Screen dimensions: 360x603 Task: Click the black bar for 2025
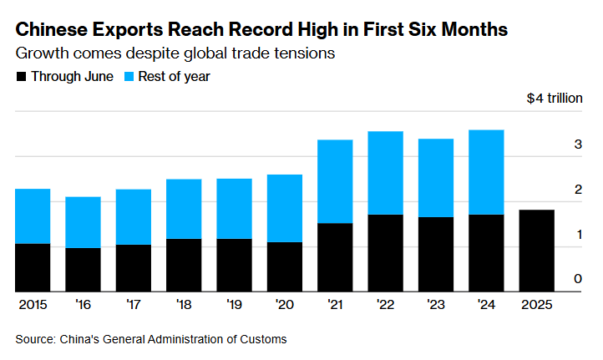tap(536, 251)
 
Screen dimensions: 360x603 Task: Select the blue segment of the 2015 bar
tap(33, 216)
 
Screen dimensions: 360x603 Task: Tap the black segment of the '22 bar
tap(385, 253)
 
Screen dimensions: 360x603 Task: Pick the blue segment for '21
tap(335, 181)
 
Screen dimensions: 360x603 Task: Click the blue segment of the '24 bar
tap(486, 172)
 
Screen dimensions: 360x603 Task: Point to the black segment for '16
tap(84, 270)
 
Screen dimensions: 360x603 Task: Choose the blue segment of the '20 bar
tap(285, 208)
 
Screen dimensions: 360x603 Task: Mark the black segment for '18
tap(184, 265)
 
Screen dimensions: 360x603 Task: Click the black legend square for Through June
tap(21, 77)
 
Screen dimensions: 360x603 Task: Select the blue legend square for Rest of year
tap(129, 77)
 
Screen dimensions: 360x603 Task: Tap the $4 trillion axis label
tap(555, 99)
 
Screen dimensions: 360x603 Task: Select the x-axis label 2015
tap(33, 304)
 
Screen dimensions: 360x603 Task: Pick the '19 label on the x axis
tap(235, 304)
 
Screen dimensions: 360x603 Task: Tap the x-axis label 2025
tap(536, 304)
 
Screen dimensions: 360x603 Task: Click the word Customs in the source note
tap(266, 339)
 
